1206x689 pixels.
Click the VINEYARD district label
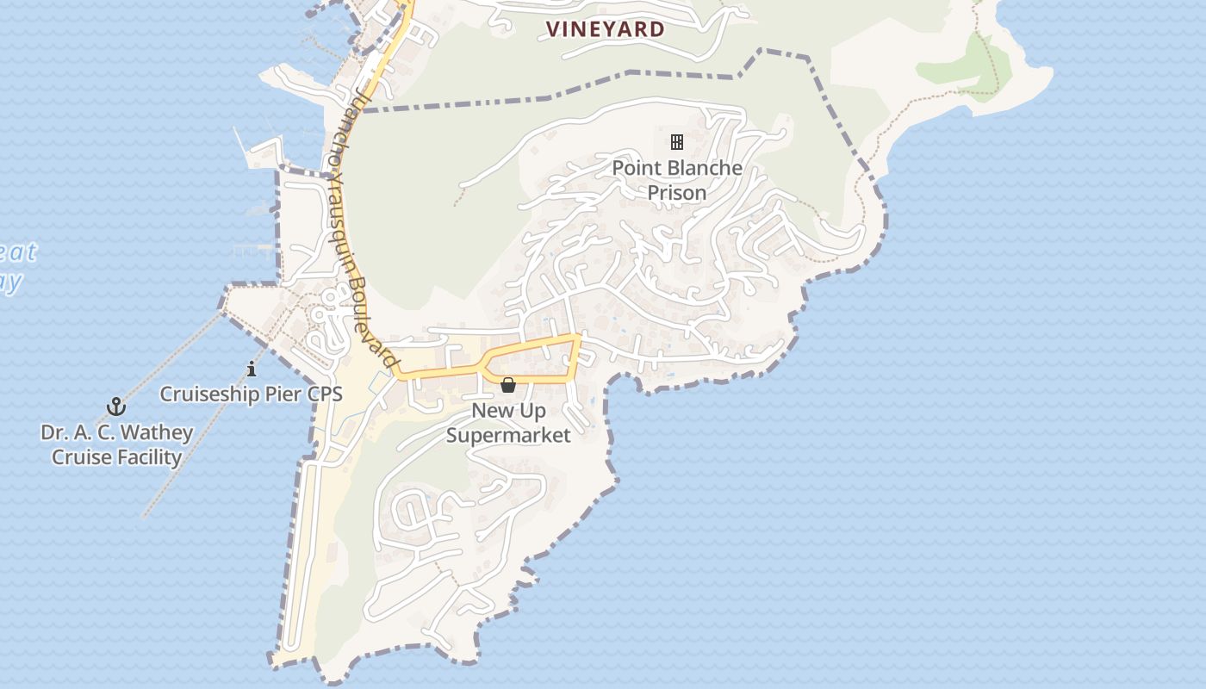pos(606,29)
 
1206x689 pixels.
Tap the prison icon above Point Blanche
pos(677,142)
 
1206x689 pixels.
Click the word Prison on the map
pos(677,193)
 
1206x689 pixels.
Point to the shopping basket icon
pos(508,384)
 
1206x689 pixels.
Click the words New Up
pos(508,411)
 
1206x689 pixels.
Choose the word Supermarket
pos(508,435)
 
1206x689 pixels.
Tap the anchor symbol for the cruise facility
pos(115,406)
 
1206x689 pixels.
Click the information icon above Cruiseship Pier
pos(252,369)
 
